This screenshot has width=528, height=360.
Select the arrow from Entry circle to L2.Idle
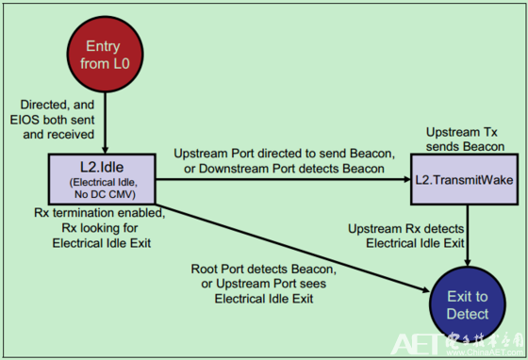pos(104,127)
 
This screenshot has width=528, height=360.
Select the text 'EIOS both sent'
pos(54,121)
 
